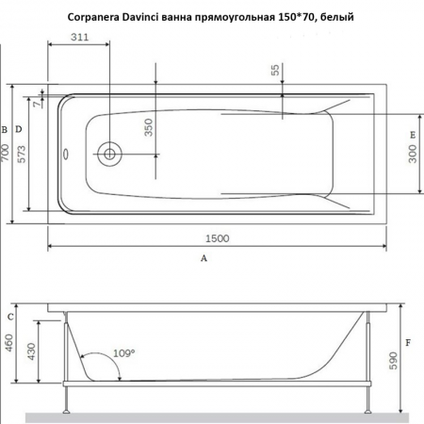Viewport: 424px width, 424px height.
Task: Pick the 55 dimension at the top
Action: coord(275,73)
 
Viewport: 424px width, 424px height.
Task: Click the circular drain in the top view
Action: coord(110,154)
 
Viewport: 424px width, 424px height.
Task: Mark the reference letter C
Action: coord(10,316)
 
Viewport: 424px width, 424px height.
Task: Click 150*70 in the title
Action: coord(303,14)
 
